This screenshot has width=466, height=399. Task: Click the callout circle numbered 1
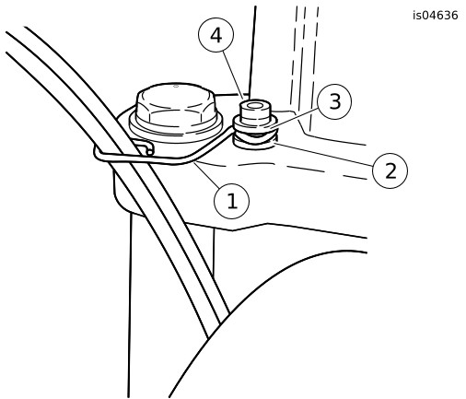tap(231, 201)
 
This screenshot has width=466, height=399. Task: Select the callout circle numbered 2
tap(390, 170)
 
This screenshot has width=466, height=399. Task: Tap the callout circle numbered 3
tap(334, 101)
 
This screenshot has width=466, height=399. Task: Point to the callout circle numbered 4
tap(216, 35)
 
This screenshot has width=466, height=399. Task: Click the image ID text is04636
tap(436, 16)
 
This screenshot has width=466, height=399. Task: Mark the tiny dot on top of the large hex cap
tap(176, 86)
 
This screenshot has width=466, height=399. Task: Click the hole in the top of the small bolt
tap(254, 106)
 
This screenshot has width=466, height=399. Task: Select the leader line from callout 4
tap(233, 76)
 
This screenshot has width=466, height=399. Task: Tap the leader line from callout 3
tap(293, 117)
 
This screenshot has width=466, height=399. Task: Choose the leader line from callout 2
tap(323, 155)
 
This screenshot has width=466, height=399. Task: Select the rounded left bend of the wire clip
tap(98, 153)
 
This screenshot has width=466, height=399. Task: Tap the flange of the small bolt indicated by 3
tap(255, 125)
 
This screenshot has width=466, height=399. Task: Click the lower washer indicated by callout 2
tap(255, 143)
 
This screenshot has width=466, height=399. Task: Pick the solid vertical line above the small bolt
tap(252, 51)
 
